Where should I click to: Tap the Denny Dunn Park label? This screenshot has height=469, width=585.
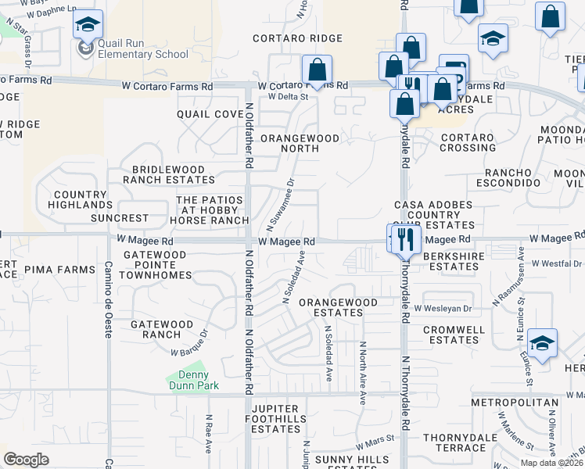[192, 379]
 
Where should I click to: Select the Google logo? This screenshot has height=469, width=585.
[26, 460]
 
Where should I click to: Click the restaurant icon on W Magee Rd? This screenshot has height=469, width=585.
[405, 238]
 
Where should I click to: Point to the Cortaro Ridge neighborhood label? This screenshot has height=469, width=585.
[298, 38]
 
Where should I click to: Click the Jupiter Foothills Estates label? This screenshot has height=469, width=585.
[276, 414]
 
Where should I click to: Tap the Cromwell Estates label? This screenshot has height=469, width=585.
[450, 335]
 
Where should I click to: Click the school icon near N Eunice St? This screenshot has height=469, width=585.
[540, 342]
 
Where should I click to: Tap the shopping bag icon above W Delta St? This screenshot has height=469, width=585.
[317, 69]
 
